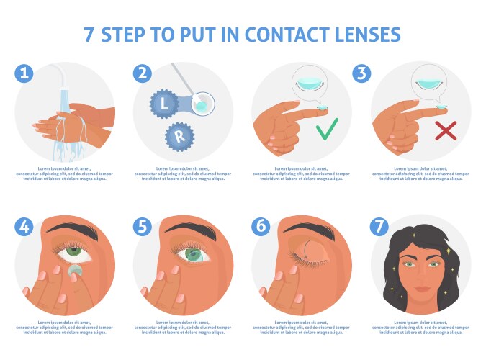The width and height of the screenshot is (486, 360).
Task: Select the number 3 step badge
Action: pyautogui.click(x=361, y=73)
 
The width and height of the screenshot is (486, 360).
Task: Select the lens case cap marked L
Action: pyautogui.click(x=164, y=104)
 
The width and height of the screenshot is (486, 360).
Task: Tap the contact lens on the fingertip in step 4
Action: pyautogui.click(x=73, y=273)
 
